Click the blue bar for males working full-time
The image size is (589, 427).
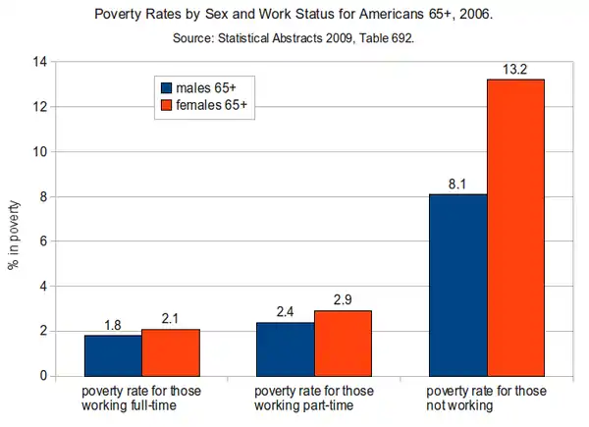point(113,355)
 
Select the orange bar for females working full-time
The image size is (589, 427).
point(171,352)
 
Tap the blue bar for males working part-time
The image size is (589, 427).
point(285,348)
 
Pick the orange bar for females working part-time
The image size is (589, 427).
point(343,343)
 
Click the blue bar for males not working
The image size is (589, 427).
point(457,285)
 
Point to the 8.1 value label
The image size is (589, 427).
point(457,184)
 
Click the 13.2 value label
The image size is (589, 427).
point(515,69)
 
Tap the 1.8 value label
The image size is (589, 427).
point(113,325)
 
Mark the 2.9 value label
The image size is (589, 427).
point(343,300)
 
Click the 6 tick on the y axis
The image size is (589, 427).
point(43,241)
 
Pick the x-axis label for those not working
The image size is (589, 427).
point(487,399)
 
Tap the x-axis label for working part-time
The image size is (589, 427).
point(314,399)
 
